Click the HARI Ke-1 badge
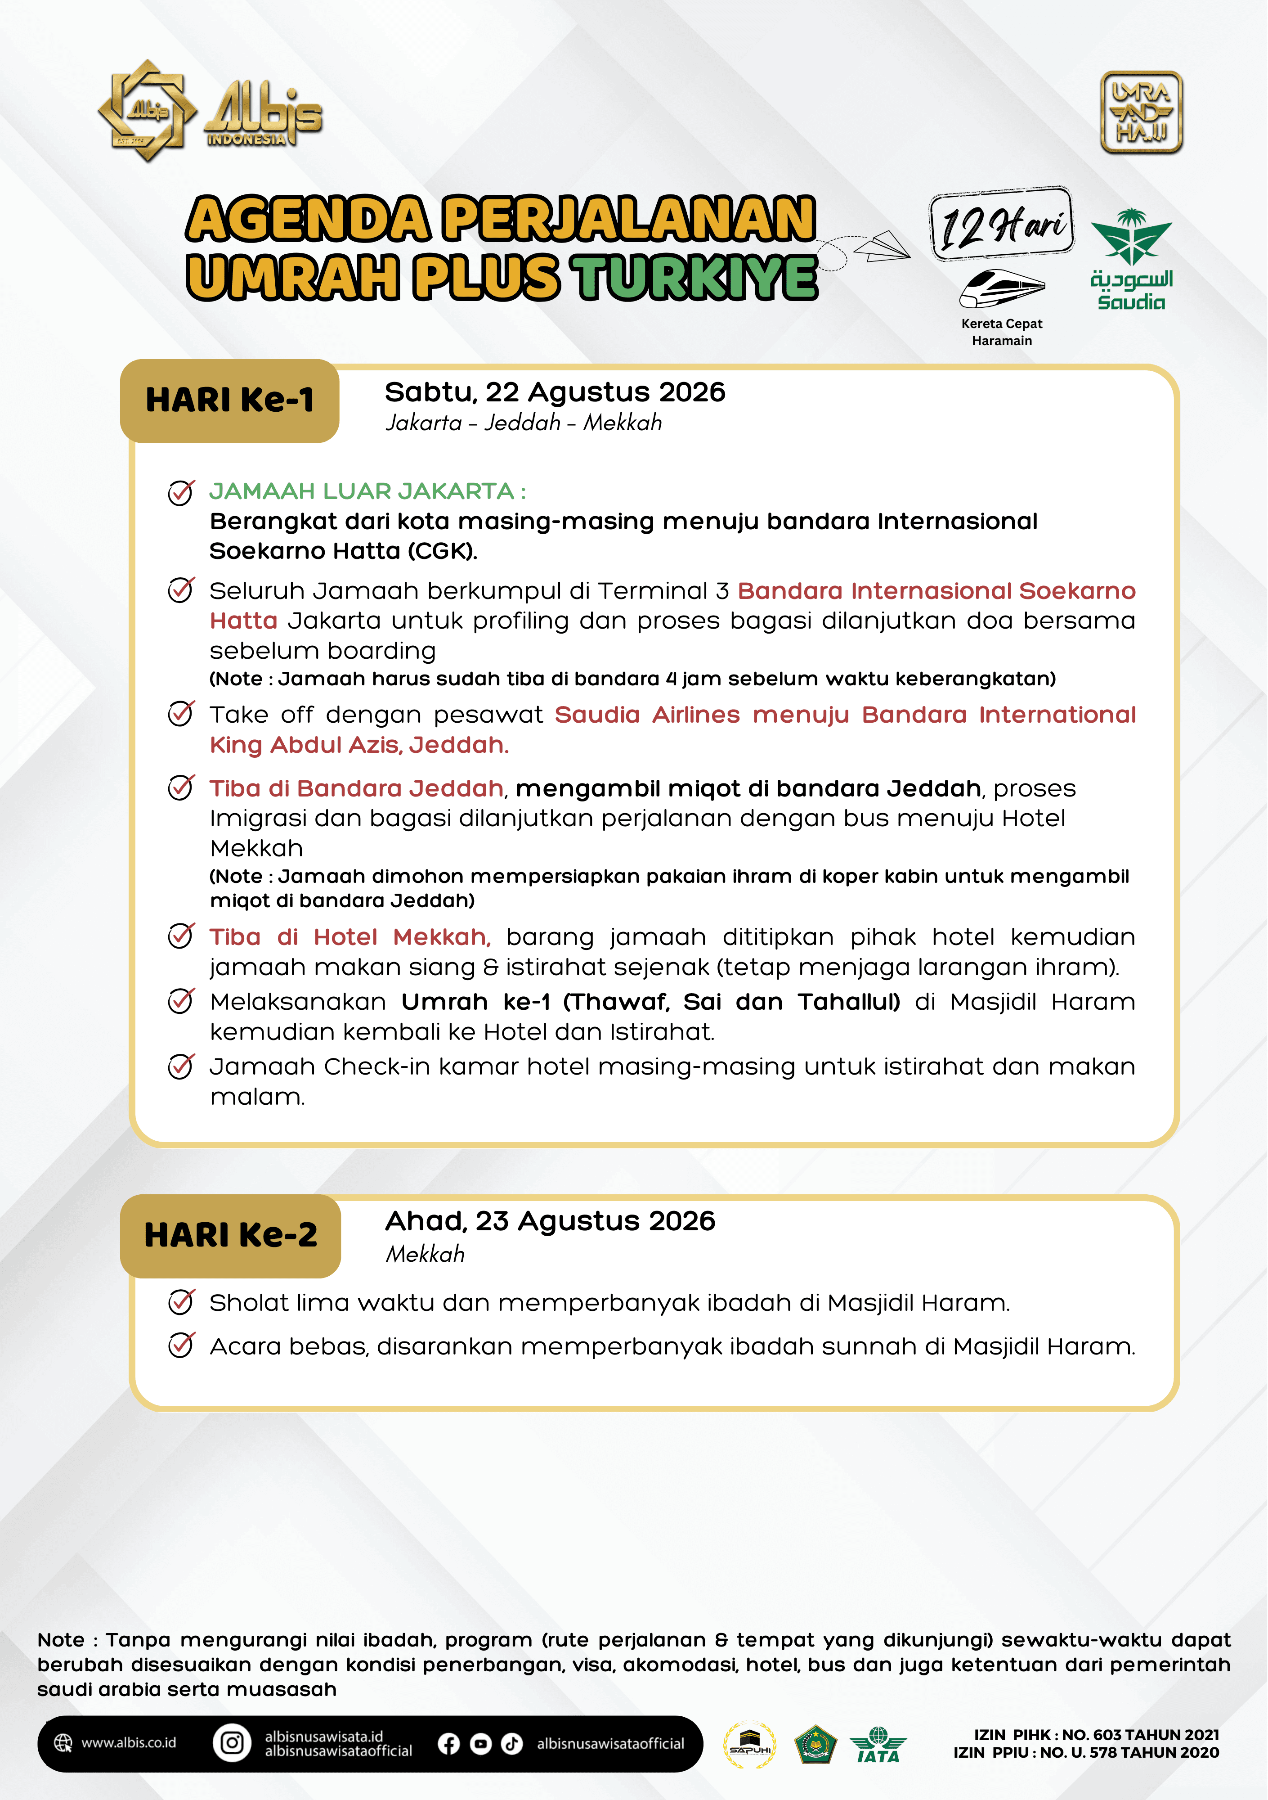pyautogui.click(x=229, y=400)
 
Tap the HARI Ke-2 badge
pyautogui.click(x=230, y=1236)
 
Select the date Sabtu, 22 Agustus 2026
pyautogui.click(x=555, y=392)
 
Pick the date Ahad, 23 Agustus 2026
pyautogui.click(x=550, y=1221)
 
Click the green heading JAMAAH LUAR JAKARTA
pyautogui.click(x=367, y=491)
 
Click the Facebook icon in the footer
pyautogui.click(x=449, y=1744)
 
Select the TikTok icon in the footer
pyautogui.click(x=512, y=1744)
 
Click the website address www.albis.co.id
pyautogui.click(x=129, y=1743)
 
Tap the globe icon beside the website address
pyautogui.click(x=63, y=1743)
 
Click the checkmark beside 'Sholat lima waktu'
pyautogui.click(x=181, y=1302)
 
